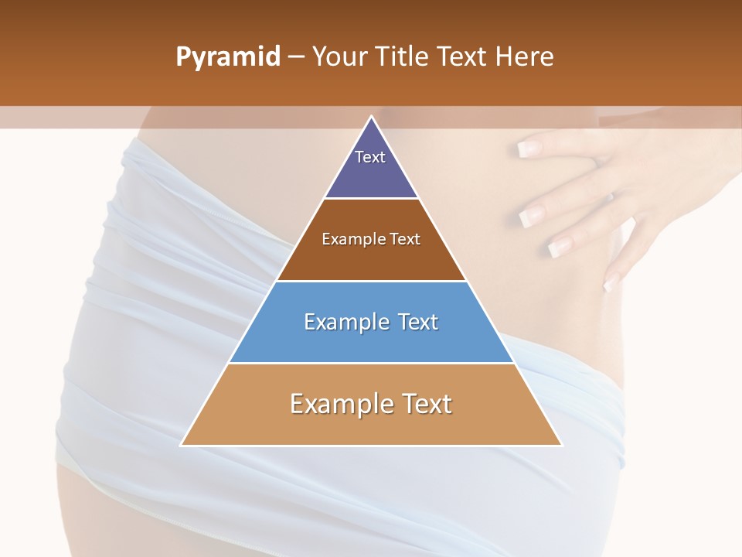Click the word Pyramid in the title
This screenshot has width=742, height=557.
tap(228, 57)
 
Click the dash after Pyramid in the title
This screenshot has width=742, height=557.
tap(295, 57)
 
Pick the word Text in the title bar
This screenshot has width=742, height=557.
tap(461, 56)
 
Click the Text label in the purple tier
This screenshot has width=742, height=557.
tap(370, 157)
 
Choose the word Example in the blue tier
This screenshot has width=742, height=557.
tap(344, 322)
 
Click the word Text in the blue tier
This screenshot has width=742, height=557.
tap(417, 322)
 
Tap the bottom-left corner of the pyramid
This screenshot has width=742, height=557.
tap(182, 445)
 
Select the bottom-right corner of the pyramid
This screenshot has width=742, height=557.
tap(561, 445)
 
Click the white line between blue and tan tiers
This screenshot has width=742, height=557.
tap(372, 363)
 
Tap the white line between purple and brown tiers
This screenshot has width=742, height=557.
tap(372, 199)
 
